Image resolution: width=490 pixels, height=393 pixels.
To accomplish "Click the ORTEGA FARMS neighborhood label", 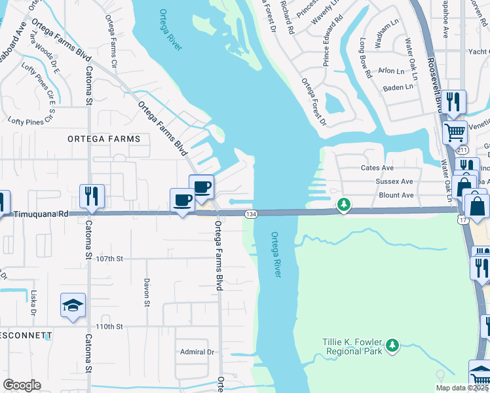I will pos(104,139).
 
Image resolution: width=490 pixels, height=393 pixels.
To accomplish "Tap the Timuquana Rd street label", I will pos(41,214).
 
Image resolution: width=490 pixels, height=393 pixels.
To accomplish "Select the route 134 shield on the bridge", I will pos(250,214).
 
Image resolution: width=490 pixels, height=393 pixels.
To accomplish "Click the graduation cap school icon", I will pos(73,305).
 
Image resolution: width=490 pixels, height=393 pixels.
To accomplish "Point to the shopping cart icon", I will pos(454,132).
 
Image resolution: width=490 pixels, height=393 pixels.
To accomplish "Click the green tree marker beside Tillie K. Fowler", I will pos(392,345).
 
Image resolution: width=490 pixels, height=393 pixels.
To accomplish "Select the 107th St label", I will pos(109,259).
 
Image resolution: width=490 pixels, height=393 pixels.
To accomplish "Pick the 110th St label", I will pos(109,326).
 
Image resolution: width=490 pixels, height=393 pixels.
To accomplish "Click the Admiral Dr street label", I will pos(197,352).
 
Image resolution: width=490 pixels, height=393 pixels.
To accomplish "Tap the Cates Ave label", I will pos(377,168).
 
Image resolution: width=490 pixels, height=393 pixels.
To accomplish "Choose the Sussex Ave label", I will pos(394,181).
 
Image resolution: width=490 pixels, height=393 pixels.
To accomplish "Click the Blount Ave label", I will pos(396,195).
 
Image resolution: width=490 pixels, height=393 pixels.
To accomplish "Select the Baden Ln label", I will pos(399,86).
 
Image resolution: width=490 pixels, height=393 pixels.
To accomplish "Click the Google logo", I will pos(22,385).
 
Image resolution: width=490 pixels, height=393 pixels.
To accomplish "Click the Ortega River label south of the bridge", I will pos(276,254).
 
